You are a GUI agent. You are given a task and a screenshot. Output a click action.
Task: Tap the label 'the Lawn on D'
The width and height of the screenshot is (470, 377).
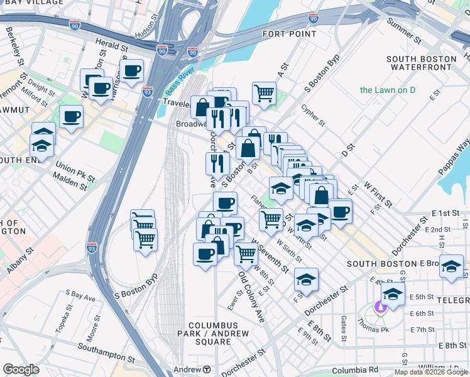[388, 90]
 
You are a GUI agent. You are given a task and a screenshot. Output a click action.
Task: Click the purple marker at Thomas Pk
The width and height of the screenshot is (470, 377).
[380, 307]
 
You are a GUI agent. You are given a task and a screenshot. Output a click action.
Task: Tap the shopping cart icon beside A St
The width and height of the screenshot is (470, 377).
[265, 93]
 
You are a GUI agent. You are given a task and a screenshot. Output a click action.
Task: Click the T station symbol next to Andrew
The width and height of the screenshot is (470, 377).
[206, 369]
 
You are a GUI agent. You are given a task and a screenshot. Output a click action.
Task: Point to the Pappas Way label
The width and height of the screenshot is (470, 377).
[461, 154]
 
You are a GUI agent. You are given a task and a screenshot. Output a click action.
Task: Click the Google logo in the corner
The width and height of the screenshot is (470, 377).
[21, 369]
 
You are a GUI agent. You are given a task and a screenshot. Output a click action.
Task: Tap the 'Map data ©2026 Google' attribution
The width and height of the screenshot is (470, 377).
[431, 372]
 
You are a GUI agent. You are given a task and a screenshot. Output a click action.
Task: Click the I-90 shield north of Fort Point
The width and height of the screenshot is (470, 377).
[314, 19]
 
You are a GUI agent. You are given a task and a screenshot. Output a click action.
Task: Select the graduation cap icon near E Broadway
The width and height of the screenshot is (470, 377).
[451, 266]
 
